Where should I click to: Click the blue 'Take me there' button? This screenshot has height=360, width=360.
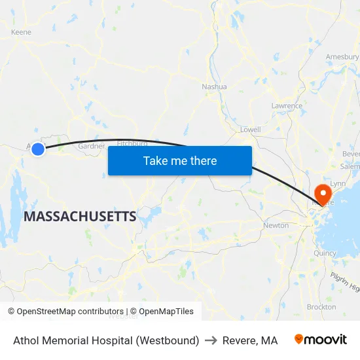[179, 160]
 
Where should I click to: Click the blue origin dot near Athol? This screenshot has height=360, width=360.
[38, 149]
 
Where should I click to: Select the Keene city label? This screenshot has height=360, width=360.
[22, 31]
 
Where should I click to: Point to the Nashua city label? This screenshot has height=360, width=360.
[214, 86]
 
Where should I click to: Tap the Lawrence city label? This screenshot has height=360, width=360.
[287, 105]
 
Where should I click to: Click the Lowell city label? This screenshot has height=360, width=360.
[250, 130]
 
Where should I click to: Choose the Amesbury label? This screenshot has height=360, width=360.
[342, 57]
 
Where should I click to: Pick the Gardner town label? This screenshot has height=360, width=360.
[91, 146]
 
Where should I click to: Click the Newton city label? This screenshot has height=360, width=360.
[276, 225]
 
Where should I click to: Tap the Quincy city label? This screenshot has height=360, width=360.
[325, 253]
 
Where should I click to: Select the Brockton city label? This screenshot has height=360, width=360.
[321, 306]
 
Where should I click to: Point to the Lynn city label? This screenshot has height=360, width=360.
[338, 184]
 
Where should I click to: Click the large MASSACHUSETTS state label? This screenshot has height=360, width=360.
[80, 216]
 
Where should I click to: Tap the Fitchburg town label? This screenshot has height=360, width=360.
[132, 143]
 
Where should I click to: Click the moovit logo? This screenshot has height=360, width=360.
[321, 340]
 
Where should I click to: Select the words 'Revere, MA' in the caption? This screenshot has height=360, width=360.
[250, 340]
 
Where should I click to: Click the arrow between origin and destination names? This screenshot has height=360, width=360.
[211, 340]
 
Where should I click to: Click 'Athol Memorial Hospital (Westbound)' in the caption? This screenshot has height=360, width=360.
[106, 340]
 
